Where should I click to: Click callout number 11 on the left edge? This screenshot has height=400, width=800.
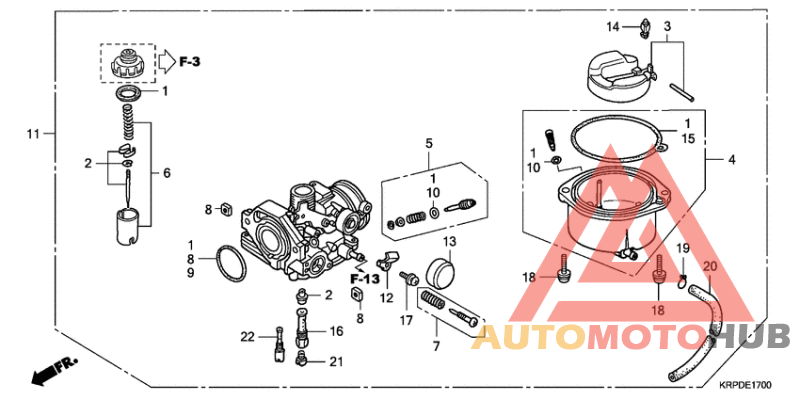click(33, 133)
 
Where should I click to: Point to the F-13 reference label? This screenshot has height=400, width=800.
click(365, 277)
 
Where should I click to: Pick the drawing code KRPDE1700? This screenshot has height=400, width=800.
click(746, 384)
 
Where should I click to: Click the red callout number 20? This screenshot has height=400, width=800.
click(710, 267)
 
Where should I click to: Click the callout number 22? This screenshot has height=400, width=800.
click(247, 336)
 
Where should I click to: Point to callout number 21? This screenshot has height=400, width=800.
click(336, 361)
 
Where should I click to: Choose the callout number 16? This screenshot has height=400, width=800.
click(336, 331)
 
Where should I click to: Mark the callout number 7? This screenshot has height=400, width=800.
click(435, 346)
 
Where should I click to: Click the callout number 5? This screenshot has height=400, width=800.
click(429, 144)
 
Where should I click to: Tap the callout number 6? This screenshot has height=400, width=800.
click(166, 173)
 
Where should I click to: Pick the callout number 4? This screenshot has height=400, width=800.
click(731, 160)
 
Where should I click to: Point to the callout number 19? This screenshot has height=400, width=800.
click(683, 248)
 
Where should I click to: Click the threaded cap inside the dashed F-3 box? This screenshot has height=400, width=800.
click(127, 65)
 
